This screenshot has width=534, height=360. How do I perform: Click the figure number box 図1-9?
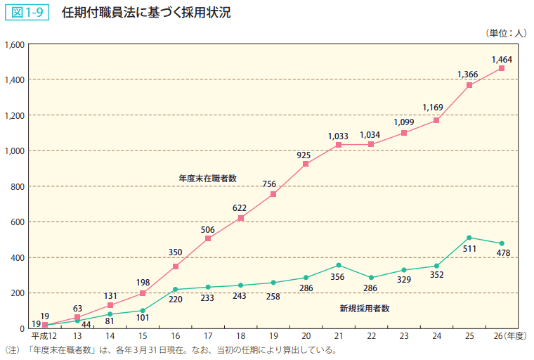coord(26,13)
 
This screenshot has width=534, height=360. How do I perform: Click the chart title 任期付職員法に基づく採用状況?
coord(145,13)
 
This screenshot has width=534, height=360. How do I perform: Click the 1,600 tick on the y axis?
coord(15,44)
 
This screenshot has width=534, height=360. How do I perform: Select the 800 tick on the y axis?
coord(18,186)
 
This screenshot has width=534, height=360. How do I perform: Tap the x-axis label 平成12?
coord(44,337)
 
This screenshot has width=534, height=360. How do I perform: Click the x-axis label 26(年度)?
coord(510,337)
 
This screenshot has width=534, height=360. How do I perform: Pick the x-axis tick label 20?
coord(306,337)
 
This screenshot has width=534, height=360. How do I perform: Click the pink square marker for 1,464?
coord(502,68)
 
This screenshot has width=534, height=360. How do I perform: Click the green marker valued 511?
coord(469,238)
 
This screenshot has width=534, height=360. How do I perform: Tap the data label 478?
coord(503,254)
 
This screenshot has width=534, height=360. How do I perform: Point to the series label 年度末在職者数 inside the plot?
coord(207,179)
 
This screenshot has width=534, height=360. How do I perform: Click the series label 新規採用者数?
coord(365,308)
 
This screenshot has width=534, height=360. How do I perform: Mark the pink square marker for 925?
coord(306,164)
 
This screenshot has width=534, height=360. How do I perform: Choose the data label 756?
coord(269,184)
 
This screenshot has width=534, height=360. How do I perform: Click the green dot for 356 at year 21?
coord(339,265)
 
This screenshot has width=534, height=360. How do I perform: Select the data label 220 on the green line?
coord(175,300)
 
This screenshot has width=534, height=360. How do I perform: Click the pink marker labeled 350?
coord(175,266)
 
